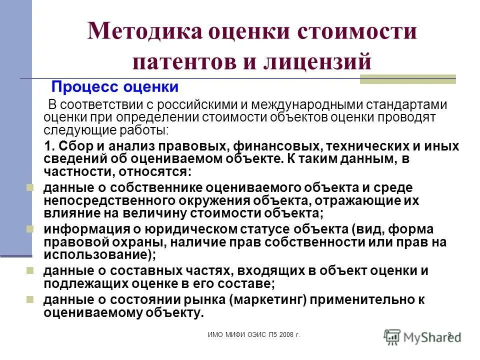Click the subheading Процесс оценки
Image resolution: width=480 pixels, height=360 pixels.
[115, 87]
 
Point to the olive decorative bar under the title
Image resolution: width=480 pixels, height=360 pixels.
[407, 79]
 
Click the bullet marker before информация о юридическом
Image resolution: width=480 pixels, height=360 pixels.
[30, 228]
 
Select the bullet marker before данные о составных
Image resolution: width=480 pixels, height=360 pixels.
[30, 270]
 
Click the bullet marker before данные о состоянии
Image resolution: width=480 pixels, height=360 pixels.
[30, 299]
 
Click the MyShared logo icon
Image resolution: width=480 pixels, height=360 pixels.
[392, 335]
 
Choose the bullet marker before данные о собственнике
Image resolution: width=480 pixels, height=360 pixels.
[30, 187]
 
